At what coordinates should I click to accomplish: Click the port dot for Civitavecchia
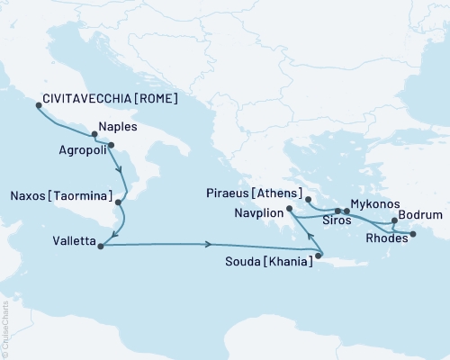point(38,105)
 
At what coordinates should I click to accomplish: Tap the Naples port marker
point(94,136)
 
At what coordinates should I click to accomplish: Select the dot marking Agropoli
point(111,145)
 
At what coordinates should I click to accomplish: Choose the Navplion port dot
point(289,210)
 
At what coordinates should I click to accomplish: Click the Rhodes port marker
point(413,235)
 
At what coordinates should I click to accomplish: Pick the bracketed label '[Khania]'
point(288,261)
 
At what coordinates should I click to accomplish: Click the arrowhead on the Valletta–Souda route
point(209,245)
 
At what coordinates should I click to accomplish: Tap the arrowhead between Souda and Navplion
point(310,238)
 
